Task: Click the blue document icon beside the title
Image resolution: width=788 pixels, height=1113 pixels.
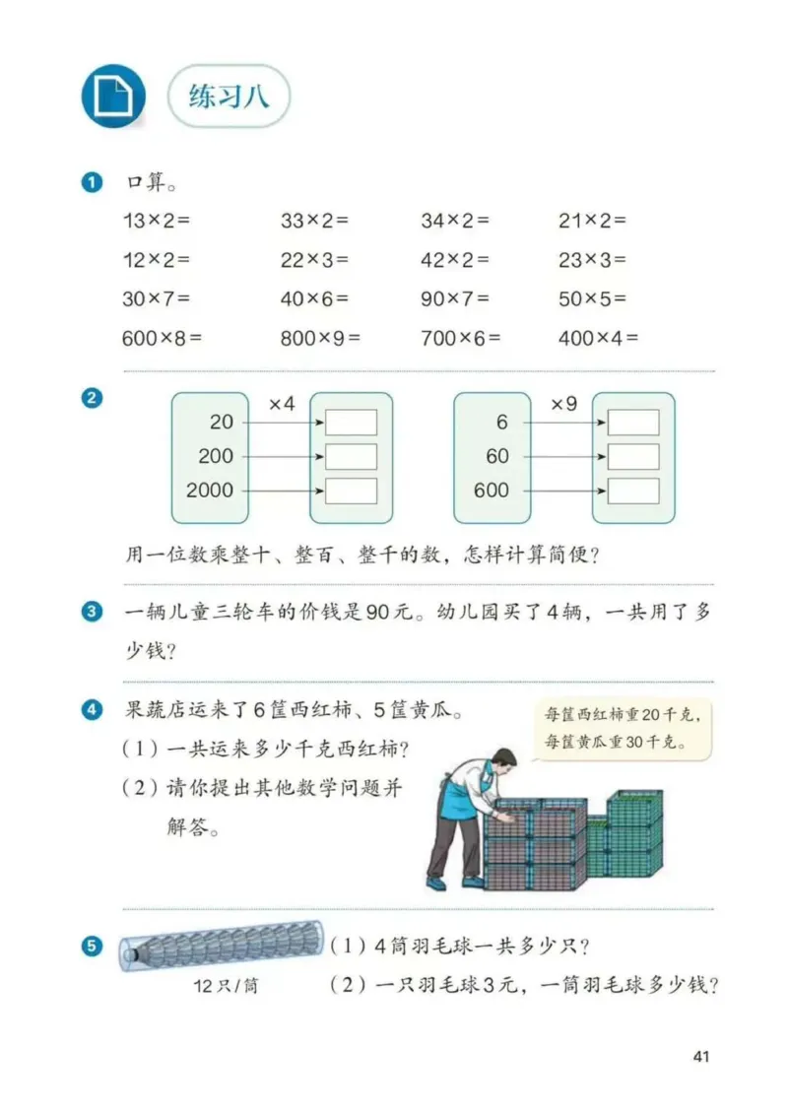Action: pyautogui.click(x=112, y=97)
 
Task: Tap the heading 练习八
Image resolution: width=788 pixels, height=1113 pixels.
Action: pyautogui.click(x=228, y=97)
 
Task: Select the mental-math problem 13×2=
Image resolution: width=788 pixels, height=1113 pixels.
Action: pyautogui.click(x=155, y=221)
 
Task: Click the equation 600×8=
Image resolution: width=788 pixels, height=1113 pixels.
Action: pyautogui.click(x=162, y=338)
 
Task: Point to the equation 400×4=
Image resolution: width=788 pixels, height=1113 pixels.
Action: pyautogui.click(x=598, y=338)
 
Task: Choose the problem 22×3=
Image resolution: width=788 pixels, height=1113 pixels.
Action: pyautogui.click(x=314, y=260)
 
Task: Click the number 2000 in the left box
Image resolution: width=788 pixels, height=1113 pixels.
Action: pyautogui.click(x=210, y=490)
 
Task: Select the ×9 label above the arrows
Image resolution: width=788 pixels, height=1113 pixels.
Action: pyautogui.click(x=563, y=404)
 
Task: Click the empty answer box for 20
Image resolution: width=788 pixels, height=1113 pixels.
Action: pyautogui.click(x=351, y=423)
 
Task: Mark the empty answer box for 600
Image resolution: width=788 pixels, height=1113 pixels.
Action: pyautogui.click(x=632, y=490)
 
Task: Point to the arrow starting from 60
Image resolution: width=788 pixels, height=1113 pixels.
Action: pyautogui.click(x=561, y=456)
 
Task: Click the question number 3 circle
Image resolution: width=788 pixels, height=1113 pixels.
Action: pyautogui.click(x=93, y=612)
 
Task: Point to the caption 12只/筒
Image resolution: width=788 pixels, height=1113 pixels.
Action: pyautogui.click(x=226, y=986)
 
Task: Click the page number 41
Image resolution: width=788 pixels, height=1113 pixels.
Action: pyautogui.click(x=701, y=1056)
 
